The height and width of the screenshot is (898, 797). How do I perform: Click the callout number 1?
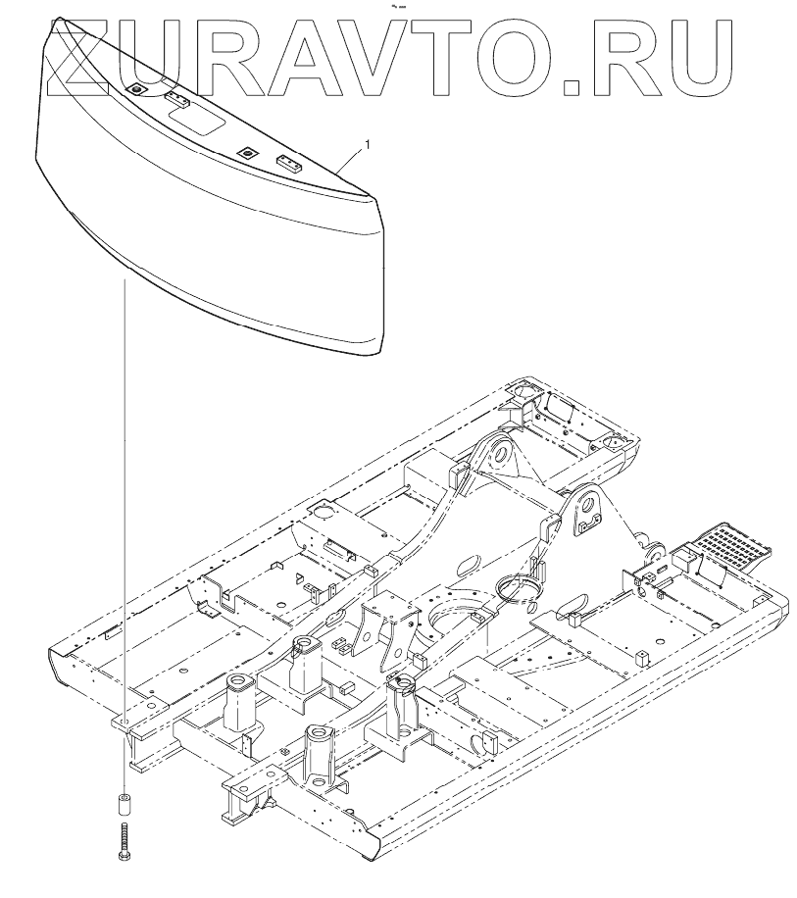pos(368,145)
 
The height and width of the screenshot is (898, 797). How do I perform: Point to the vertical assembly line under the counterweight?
pos(124,490)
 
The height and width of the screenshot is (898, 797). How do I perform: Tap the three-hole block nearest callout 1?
pos(287,164)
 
